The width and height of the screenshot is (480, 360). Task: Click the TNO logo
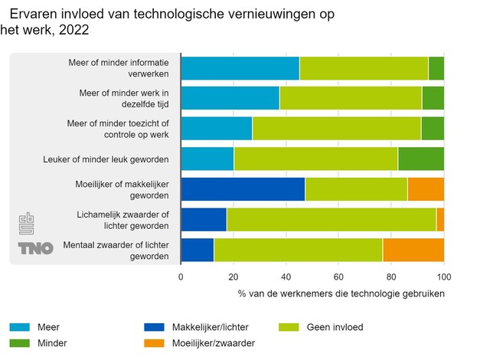coord(35,248)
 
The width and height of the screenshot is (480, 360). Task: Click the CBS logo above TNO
coord(27,224)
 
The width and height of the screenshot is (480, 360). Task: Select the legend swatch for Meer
coord(20,327)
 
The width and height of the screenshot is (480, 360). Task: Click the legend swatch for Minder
coord(20,343)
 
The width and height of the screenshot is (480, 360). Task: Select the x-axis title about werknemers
coord(341,293)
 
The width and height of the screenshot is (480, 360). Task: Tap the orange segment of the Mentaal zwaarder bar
coord(413,250)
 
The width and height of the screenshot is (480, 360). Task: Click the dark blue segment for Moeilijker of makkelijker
coord(243,189)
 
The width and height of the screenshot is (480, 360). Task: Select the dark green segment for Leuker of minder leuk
coord(421,159)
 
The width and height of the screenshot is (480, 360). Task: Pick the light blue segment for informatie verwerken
coord(240,67)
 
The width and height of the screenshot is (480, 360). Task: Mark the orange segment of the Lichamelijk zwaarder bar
coord(440,220)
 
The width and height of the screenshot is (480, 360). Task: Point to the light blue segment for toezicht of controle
coord(217,129)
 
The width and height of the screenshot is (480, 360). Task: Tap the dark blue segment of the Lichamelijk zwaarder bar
coord(204,220)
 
